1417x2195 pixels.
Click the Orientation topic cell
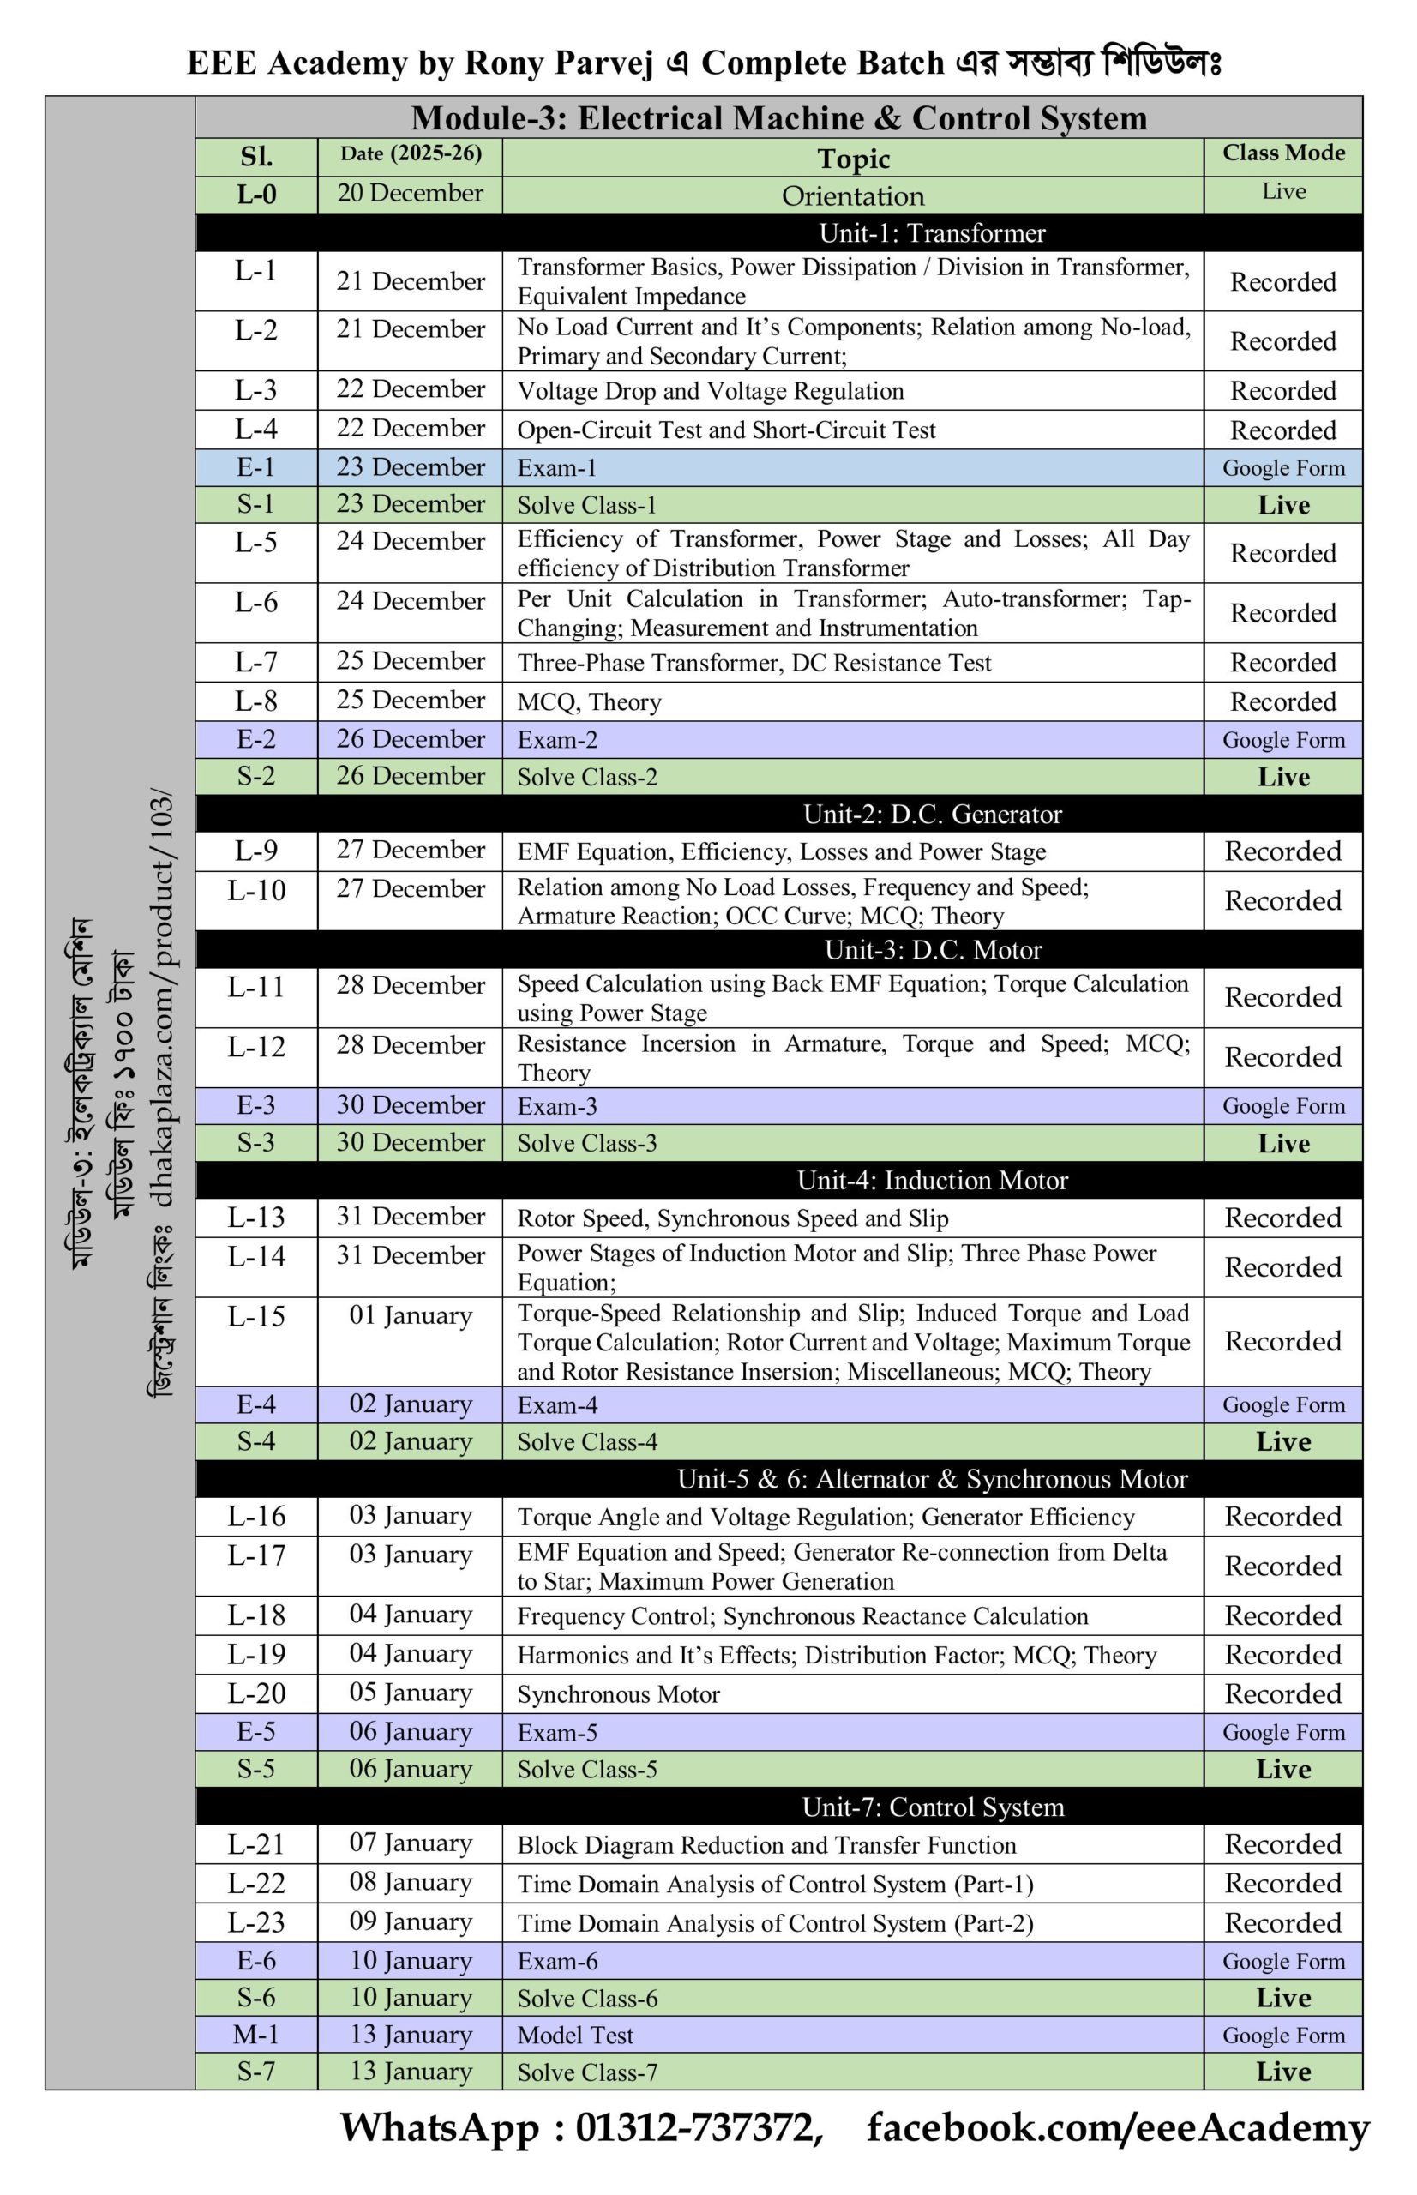pyautogui.click(x=852, y=196)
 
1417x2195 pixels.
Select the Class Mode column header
pyautogui.click(x=1282, y=153)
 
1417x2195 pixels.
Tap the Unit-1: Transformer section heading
pyautogui.click(x=931, y=233)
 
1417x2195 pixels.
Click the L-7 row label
pyautogui.click(x=255, y=662)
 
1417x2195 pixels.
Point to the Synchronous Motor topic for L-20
pyautogui.click(x=618, y=1693)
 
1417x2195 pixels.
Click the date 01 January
pyautogui.click(x=411, y=1315)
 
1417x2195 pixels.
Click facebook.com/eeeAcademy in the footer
pyautogui.click(x=1117, y=2128)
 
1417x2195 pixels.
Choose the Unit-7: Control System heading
pyautogui.click(x=932, y=1807)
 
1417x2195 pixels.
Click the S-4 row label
pyautogui.click(x=255, y=1440)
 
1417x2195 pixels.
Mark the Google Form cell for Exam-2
pyautogui.click(x=1282, y=740)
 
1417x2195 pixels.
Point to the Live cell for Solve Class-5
pyautogui.click(x=1282, y=1769)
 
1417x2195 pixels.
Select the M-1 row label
pyautogui.click(x=255, y=2034)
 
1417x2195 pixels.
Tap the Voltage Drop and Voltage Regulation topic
pyautogui.click(x=711, y=391)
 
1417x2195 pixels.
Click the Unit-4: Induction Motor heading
pyautogui.click(x=932, y=1180)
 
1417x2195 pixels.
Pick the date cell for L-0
pyautogui.click(x=411, y=193)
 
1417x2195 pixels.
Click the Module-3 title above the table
pyautogui.click(x=778, y=117)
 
